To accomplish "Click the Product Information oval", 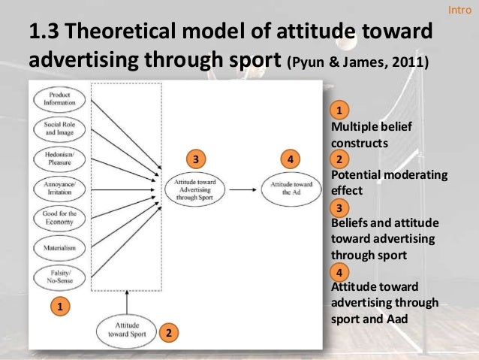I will (60, 98).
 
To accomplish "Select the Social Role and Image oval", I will (60, 128).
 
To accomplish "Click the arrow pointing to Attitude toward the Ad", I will (243, 188).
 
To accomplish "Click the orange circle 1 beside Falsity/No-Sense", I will (59, 306).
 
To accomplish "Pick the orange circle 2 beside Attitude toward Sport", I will (170, 332).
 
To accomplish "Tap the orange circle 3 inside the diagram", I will (195, 159).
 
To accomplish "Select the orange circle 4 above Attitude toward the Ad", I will (291, 159).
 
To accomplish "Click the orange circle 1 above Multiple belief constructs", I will (339, 110).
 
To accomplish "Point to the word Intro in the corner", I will (459, 10).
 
